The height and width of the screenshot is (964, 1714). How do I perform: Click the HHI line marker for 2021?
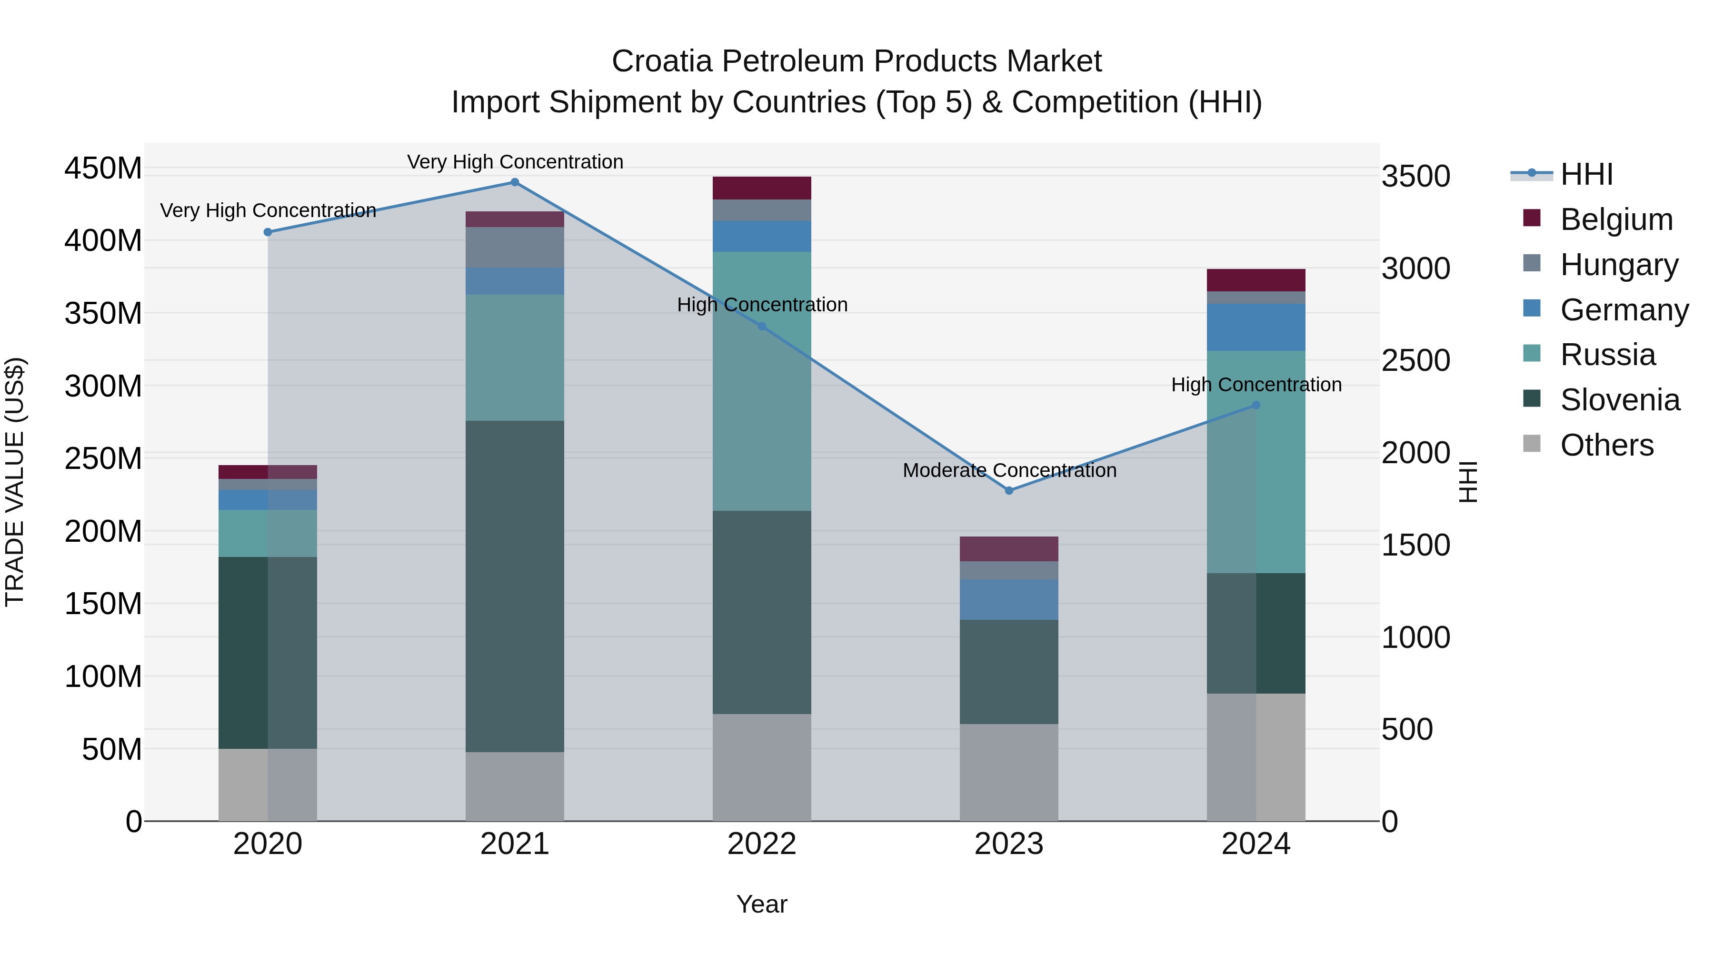point(514,182)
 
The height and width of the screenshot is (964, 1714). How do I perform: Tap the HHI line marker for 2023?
point(1009,490)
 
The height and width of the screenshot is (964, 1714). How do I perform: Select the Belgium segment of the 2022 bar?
point(762,188)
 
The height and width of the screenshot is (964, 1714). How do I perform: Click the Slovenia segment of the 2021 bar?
point(514,586)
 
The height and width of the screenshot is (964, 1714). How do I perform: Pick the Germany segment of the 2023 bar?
point(1009,599)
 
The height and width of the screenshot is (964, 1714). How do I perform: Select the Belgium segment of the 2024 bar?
point(1256,280)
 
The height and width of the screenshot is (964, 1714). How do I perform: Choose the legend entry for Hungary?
point(1618,265)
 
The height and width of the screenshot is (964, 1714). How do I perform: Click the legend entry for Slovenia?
point(1620,400)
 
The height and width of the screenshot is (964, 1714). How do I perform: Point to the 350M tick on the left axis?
point(103,313)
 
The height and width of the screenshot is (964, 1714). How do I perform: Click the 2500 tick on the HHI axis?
point(1415,360)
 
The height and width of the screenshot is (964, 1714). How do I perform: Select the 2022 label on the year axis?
point(762,844)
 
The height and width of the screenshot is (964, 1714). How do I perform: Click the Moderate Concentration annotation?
point(1009,470)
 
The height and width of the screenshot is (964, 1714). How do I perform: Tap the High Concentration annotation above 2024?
point(1256,385)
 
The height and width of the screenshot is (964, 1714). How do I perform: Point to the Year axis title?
point(762,904)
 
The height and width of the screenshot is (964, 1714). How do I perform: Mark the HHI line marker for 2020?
point(268,232)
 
